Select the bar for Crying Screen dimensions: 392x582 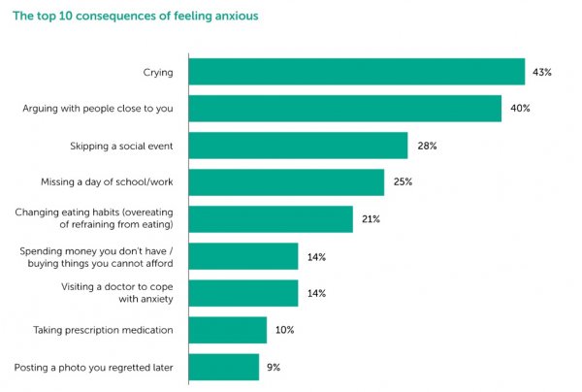[356, 72]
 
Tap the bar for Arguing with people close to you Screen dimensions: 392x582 [344, 109]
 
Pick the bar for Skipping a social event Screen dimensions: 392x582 [298, 146]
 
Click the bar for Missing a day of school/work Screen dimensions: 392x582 [286, 182]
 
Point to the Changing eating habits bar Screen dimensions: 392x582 [271, 219]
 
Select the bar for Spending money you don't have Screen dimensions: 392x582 [242, 256]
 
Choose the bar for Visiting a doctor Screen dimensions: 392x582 [242, 293]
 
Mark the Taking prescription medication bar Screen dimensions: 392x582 [227, 330]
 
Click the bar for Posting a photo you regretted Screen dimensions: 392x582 [223, 367]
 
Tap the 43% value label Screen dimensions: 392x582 [541, 72]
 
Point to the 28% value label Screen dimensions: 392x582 [427, 146]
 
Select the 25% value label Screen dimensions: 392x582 [403, 182]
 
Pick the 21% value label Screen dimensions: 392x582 [371, 219]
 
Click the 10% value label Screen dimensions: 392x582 [284, 330]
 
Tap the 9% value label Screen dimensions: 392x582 [275, 367]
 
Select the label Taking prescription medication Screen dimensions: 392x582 [104, 330]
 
